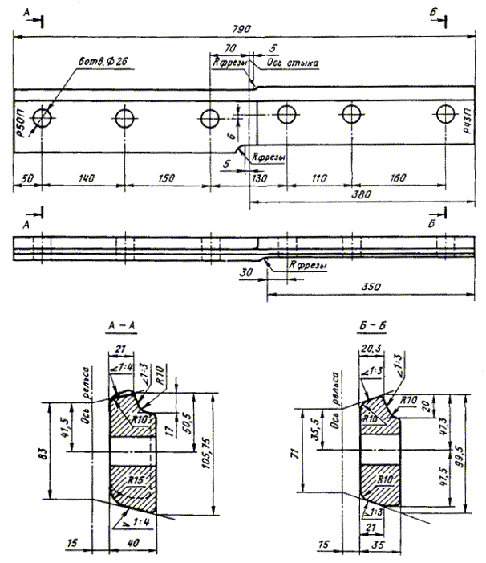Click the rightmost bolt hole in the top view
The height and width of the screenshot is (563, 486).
tap(447, 116)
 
